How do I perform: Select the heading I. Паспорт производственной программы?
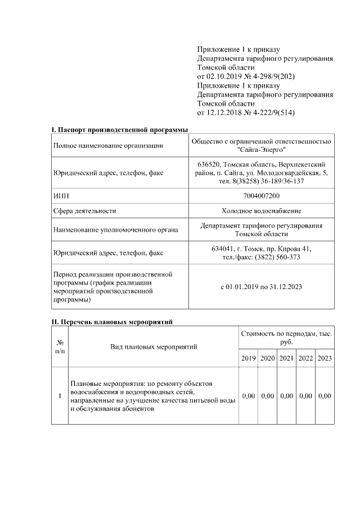tap(120, 130)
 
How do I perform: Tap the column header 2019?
tap(249, 358)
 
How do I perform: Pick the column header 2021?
tap(286, 358)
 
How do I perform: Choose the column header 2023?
tap(325, 358)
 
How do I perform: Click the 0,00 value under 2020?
tap(267, 396)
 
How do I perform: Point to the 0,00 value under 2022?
tap(305, 396)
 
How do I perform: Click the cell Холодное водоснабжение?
tap(261, 211)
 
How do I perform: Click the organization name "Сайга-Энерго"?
tap(262, 150)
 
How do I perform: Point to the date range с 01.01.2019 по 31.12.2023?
tap(261, 287)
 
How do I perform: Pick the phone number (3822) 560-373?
tap(276, 257)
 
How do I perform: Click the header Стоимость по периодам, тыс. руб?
tap(286, 337)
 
